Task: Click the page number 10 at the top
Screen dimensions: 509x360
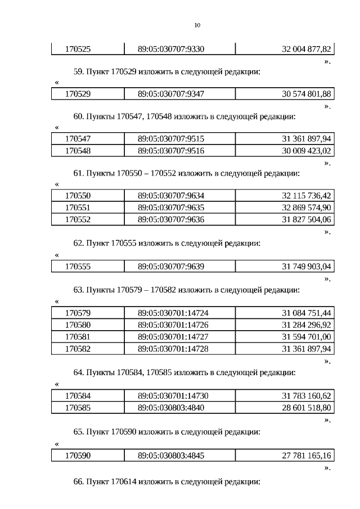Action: tap(197, 25)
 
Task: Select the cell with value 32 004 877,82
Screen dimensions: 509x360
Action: tap(307, 49)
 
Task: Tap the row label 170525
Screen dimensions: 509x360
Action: tap(78, 49)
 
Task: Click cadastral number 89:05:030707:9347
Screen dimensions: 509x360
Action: tap(171, 93)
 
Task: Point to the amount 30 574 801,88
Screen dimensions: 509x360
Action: tap(307, 93)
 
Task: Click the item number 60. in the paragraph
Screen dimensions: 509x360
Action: tap(79, 116)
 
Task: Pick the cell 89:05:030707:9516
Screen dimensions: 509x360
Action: tap(171, 151)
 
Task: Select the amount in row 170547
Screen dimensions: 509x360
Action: tap(307, 138)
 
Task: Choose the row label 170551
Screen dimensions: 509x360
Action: tap(78, 208)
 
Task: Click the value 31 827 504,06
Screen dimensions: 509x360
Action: tap(307, 219)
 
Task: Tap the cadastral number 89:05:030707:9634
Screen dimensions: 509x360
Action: tap(171, 196)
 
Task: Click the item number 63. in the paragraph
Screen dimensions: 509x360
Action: tap(79, 290)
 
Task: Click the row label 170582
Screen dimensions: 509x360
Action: tap(78, 348)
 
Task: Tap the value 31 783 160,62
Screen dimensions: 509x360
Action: tap(307, 395)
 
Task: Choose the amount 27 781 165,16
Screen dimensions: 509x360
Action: tap(307, 455)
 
